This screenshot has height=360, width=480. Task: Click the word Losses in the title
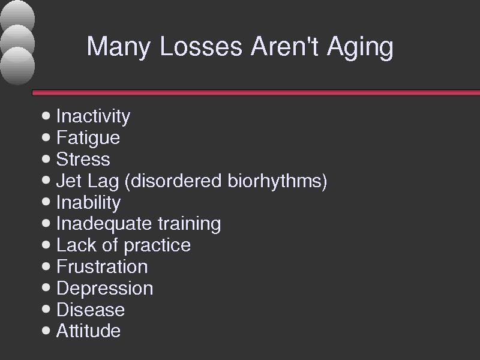click(x=201, y=47)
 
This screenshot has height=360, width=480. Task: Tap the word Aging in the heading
click(x=360, y=47)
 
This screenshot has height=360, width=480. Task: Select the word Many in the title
click(x=119, y=47)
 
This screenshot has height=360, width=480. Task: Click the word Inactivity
click(x=94, y=116)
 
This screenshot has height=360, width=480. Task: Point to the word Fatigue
click(x=88, y=138)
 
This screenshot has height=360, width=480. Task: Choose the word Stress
click(x=83, y=159)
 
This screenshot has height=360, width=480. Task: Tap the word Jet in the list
click(x=69, y=181)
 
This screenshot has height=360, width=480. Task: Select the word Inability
click(x=89, y=203)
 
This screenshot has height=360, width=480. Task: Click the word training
click(x=190, y=224)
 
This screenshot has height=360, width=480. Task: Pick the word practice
click(x=157, y=246)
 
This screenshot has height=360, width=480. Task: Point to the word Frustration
click(x=102, y=266)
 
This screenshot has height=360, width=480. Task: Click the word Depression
click(x=105, y=289)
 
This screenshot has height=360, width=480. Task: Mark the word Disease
click(x=91, y=310)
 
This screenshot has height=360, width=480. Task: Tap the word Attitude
click(x=88, y=331)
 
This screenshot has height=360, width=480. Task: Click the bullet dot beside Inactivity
click(x=46, y=116)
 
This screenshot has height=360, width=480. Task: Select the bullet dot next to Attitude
click(x=46, y=331)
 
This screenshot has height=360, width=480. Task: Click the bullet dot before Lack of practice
click(x=46, y=245)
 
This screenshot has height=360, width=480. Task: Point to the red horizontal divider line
click(x=256, y=93)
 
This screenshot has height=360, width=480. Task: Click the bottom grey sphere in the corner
click(x=17, y=66)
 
